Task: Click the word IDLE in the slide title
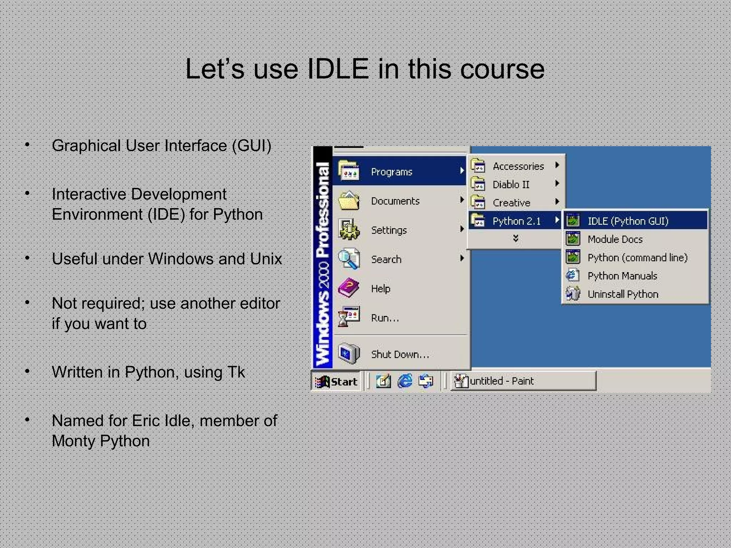[x=338, y=69]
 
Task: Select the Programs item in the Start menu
[x=391, y=172]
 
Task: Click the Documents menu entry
[x=395, y=201]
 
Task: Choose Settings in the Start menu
[x=389, y=230]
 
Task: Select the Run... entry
[x=385, y=318]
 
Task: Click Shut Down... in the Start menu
[x=399, y=354]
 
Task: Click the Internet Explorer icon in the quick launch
[x=405, y=381]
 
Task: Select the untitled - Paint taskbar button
[x=523, y=381]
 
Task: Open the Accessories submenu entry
[x=518, y=166]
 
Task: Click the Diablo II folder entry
[x=511, y=184]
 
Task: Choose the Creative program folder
[x=511, y=203]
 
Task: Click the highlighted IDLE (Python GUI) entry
[x=627, y=221]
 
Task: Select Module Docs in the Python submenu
[x=615, y=239]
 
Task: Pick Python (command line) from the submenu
[x=637, y=258]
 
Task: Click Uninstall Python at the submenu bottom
[x=622, y=294]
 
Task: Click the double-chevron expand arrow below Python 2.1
[x=515, y=238]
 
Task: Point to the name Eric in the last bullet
[x=145, y=421]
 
